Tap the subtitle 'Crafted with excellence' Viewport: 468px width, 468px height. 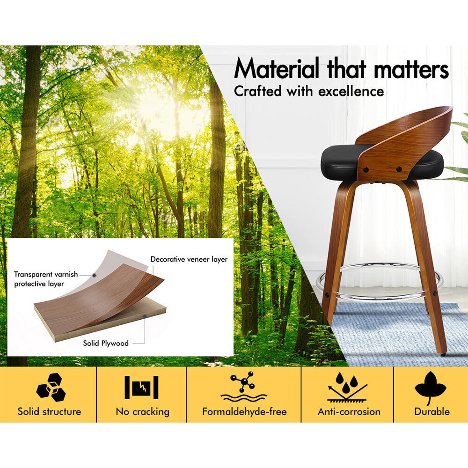(x=309, y=91)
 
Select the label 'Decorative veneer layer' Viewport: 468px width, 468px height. (x=189, y=259)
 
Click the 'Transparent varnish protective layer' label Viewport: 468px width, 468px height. (x=46, y=279)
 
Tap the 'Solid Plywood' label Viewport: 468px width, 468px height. (x=106, y=343)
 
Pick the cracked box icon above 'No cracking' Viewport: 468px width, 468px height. (x=141, y=388)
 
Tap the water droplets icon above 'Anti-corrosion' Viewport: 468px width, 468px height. (x=347, y=387)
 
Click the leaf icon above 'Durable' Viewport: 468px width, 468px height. (x=431, y=388)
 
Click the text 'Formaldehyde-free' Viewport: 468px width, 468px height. (x=244, y=411)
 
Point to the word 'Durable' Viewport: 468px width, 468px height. (x=432, y=411)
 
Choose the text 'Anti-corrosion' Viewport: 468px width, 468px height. (x=349, y=411)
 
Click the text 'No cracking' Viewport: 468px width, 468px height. (x=143, y=412)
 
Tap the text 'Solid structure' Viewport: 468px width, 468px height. (x=49, y=411)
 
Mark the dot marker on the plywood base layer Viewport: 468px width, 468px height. (x=145, y=316)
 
